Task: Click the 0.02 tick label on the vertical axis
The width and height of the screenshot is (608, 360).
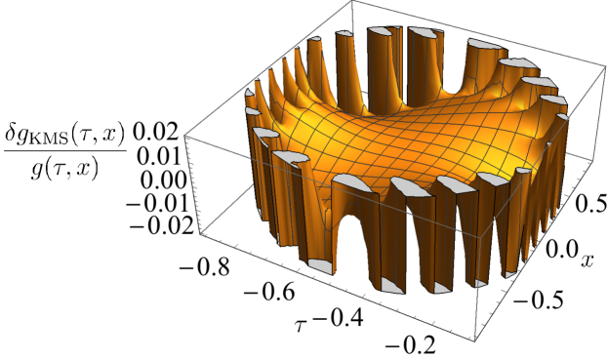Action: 156,134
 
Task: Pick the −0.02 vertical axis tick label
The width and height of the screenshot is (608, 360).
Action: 162,225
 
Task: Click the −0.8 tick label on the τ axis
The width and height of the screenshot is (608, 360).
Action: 204,267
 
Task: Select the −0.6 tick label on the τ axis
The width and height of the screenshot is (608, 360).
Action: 270,293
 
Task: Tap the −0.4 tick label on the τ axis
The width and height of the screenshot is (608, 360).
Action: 338,318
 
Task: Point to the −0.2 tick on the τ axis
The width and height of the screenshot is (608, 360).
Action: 410,344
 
